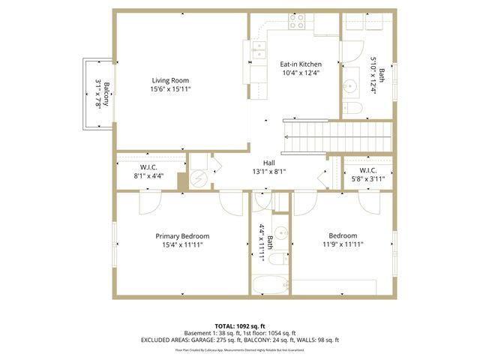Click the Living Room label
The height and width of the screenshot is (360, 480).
tap(170, 80)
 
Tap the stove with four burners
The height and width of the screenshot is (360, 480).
tap(297, 22)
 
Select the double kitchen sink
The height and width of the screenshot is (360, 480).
tap(258, 51)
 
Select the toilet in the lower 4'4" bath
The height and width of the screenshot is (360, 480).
tap(277, 260)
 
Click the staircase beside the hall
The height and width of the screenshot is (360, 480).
tap(337, 136)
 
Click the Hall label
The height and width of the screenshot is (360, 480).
tap(268, 162)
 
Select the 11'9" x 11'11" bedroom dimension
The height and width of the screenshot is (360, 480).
tap(343, 244)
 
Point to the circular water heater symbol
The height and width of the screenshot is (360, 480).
tap(198, 178)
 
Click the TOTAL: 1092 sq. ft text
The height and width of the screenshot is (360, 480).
tap(240, 325)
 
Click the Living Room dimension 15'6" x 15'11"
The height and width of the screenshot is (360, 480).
tap(170, 89)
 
